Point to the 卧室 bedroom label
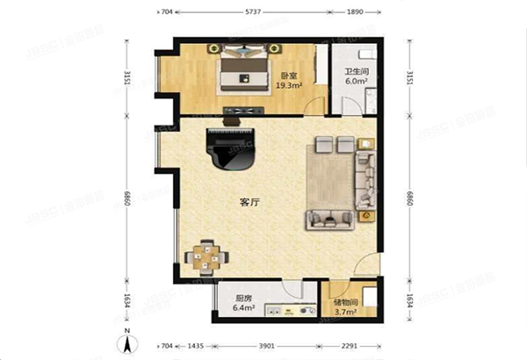point(288,76)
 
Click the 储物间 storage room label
point(345,303)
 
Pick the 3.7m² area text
point(344,313)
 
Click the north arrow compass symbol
point(127,341)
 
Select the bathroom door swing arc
point(350,111)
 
